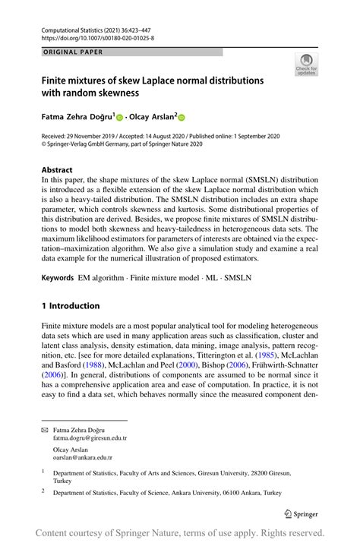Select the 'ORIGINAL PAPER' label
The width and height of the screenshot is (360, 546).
[72, 52]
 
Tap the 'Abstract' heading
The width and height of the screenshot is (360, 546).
[57, 170]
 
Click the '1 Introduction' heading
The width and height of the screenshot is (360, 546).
[71, 306]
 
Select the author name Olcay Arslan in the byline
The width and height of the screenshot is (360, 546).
[152, 118]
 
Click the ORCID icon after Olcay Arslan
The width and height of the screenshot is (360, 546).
[182, 118]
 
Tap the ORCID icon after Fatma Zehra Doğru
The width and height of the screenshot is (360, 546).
[121, 118]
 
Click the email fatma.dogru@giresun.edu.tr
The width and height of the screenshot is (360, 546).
[90, 438]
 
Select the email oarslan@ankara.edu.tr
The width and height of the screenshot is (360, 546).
[82, 457]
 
